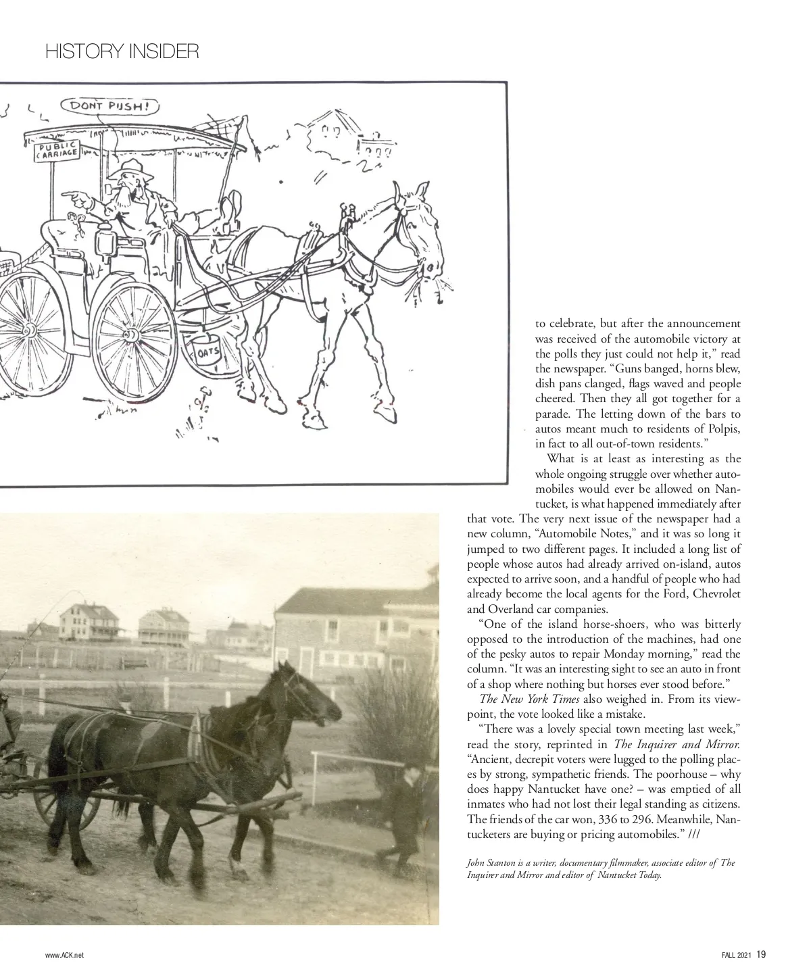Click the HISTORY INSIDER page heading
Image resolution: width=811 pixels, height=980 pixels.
[x=122, y=52]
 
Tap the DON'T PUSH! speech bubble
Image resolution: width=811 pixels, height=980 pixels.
[x=110, y=106]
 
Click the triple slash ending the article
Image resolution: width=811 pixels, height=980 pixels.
[x=693, y=834]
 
